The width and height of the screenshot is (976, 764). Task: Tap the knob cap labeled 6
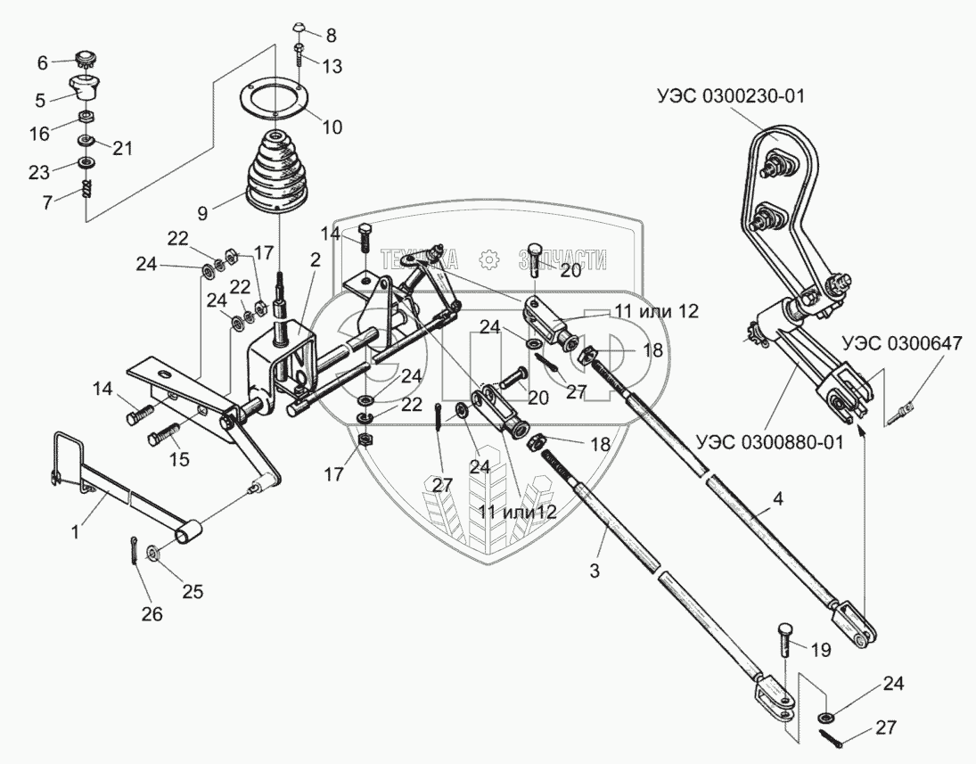pyautogui.click(x=86, y=62)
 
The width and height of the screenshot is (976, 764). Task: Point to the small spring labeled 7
pyautogui.click(x=87, y=189)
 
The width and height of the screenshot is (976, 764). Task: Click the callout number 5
pyautogui.click(x=39, y=99)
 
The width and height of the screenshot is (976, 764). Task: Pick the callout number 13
pyautogui.click(x=332, y=67)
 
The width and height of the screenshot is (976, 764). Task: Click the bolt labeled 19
pyautogui.click(x=786, y=635)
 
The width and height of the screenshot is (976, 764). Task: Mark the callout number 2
pyautogui.click(x=316, y=260)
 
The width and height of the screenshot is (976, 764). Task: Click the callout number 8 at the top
pyautogui.click(x=331, y=37)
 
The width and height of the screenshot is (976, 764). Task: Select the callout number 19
pyautogui.click(x=818, y=649)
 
